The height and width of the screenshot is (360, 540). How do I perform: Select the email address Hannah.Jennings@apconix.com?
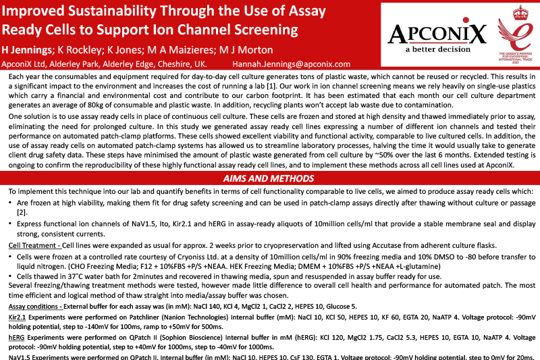292,64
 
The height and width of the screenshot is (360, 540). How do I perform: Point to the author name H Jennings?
28,50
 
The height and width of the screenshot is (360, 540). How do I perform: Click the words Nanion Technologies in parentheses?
154,315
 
